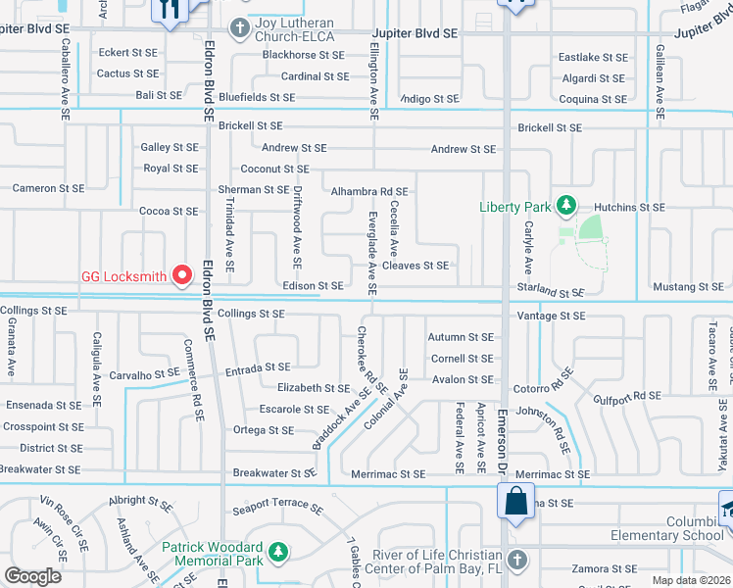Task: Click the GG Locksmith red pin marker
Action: click(x=181, y=276)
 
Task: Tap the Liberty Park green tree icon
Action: click(x=564, y=206)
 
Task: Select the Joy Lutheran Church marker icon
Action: click(x=237, y=26)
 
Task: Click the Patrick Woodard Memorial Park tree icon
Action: click(x=279, y=554)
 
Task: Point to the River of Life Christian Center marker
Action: click(x=517, y=560)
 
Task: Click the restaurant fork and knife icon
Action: click(x=169, y=10)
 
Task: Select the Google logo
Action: click(x=33, y=576)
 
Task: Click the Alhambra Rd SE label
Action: click(x=369, y=192)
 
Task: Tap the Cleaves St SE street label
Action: click(x=415, y=266)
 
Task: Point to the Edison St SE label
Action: click(x=313, y=286)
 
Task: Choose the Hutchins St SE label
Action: click(x=631, y=208)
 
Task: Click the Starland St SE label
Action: click(x=551, y=293)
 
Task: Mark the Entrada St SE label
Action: click(x=258, y=367)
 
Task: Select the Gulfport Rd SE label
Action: click(x=628, y=397)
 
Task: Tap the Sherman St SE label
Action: click(x=253, y=190)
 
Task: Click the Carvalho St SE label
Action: click(x=144, y=374)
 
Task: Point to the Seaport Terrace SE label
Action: click(x=277, y=510)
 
